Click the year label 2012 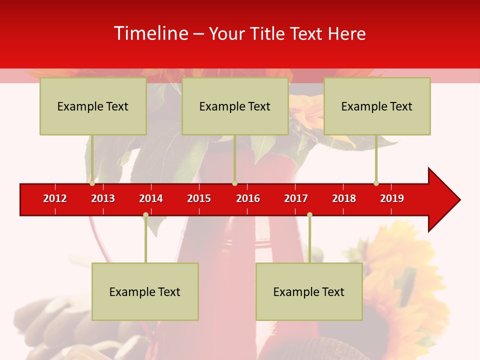(x=55, y=198)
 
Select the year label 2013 (x=103, y=198)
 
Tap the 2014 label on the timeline (x=151, y=198)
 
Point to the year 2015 (x=199, y=198)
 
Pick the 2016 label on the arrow (x=248, y=198)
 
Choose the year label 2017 (x=296, y=198)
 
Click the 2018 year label (x=344, y=198)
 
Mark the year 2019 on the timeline (x=392, y=198)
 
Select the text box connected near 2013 (x=93, y=106)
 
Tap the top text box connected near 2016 (x=235, y=106)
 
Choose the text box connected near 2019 (x=377, y=106)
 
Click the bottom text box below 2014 (x=145, y=291)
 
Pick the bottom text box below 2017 (x=309, y=291)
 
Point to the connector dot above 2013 (x=92, y=183)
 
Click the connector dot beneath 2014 (x=145, y=215)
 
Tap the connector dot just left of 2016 (x=234, y=183)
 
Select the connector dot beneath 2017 (x=309, y=215)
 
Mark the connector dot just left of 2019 (x=376, y=183)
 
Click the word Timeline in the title (x=150, y=33)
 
